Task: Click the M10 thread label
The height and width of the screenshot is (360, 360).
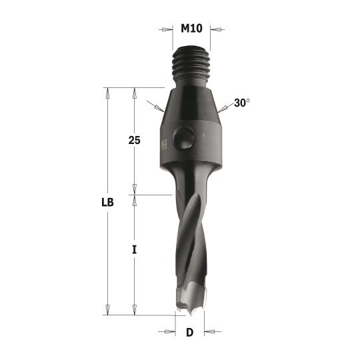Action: point(191,29)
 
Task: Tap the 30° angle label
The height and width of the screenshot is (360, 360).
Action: point(242,103)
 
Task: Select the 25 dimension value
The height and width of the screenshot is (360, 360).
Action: point(134,140)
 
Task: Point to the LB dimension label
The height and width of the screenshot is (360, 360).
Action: point(108,203)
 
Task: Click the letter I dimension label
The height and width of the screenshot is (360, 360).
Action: point(134,249)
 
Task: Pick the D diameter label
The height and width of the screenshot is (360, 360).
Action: point(189,332)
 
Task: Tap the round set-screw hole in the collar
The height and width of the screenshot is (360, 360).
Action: point(184,138)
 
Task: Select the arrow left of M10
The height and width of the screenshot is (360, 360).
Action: point(165,29)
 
